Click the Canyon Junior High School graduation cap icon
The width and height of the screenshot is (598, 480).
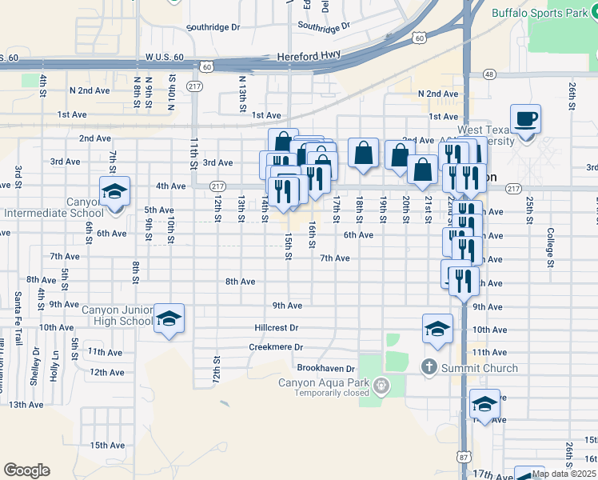point(169,319)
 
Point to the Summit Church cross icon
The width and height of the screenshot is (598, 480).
point(429,368)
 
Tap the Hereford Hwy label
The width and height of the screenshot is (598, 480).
point(308,57)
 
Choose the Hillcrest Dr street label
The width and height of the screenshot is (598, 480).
point(276,328)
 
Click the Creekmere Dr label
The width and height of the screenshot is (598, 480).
point(276,347)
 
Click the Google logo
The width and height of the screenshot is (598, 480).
point(27,470)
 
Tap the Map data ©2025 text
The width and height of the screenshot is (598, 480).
point(563,474)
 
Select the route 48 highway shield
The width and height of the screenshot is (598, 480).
point(489,74)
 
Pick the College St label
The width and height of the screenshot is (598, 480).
point(550,247)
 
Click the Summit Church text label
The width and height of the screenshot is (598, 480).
point(479,368)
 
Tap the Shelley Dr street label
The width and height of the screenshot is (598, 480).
point(34,370)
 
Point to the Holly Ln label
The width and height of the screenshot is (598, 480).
point(54,370)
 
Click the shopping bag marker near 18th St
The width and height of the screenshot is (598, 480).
point(363,153)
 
